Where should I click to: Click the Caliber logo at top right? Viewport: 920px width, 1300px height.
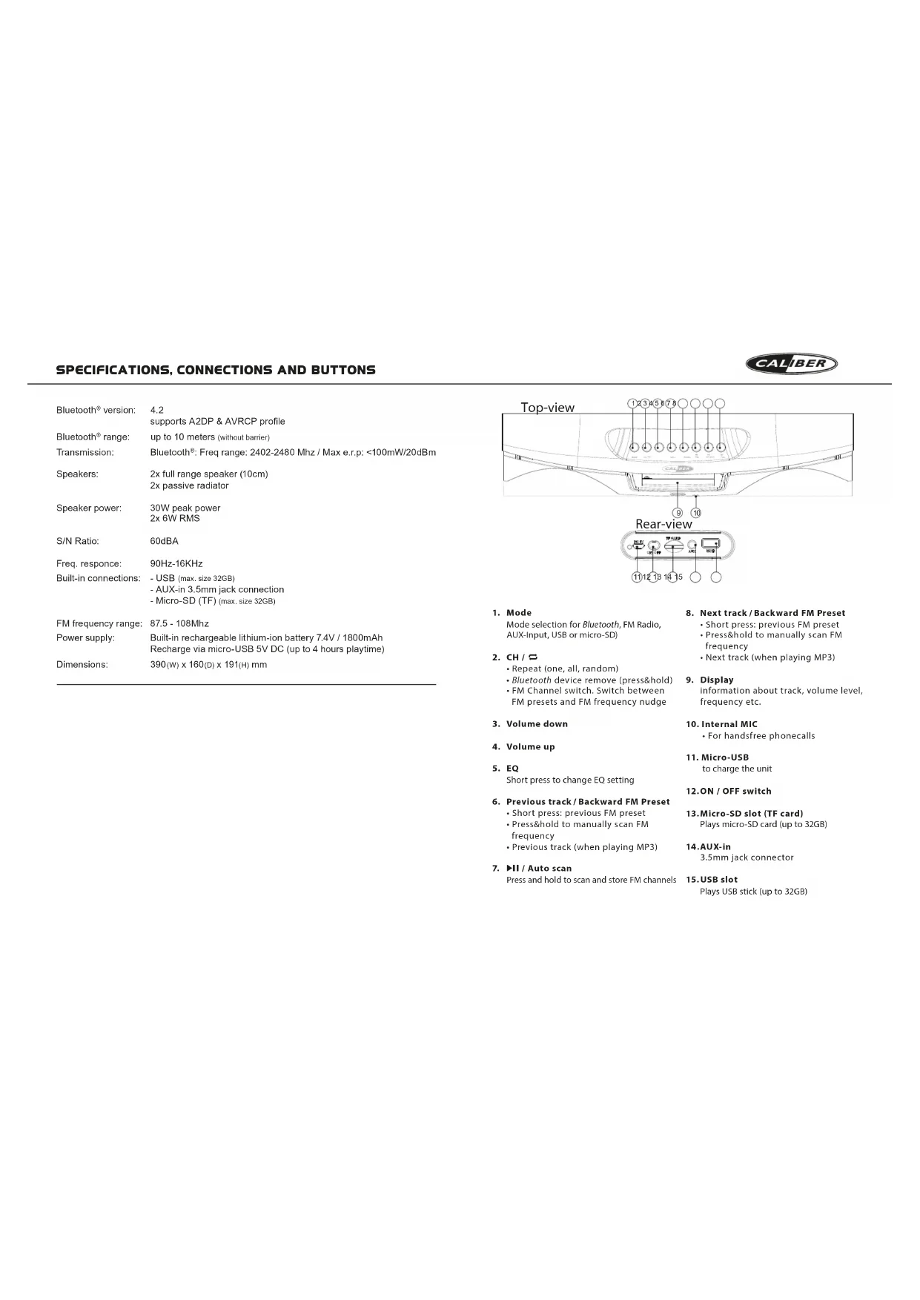click(792, 364)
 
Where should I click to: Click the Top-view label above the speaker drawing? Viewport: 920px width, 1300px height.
click(547, 408)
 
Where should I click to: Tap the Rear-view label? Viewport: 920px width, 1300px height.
click(663, 524)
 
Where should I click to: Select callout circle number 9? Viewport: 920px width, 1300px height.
click(678, 513)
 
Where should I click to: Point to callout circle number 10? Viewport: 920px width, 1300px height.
click(696, 513)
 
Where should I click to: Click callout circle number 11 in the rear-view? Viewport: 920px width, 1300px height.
click(636, 577)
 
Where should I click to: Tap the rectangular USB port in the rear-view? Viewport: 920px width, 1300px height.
click(709, 544)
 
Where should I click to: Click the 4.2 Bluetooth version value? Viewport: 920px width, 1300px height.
click(157, 410)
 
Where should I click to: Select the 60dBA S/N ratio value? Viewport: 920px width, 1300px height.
click(164, 541)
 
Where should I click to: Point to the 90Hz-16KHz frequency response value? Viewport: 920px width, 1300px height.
click(176, 563)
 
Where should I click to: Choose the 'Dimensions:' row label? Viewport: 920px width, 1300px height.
click(82, 665)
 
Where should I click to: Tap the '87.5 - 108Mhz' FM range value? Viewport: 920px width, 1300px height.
click(179, 623)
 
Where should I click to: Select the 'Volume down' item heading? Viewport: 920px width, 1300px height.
click(537, 724)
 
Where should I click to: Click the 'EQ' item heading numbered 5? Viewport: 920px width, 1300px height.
click(512, 769)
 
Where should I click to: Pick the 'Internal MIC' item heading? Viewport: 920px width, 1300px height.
click(729, 724)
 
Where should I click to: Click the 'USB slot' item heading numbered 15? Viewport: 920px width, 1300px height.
click(718, 880)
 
